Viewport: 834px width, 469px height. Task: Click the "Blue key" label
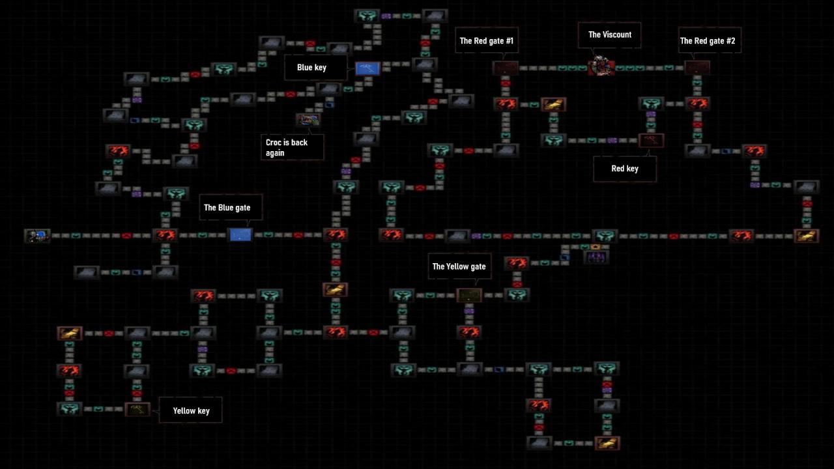pos(311,68)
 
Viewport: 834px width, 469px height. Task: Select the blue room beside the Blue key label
pos(367,68)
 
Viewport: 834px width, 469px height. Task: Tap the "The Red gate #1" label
pos(486,41)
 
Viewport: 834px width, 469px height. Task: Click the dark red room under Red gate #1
pos(506,68)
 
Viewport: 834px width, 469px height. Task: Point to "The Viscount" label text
pos(610,35)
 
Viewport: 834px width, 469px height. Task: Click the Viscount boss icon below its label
pos(601,66)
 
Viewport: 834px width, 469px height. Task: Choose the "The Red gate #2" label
pos(707,41)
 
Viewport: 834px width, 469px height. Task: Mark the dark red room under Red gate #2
pos(697,68)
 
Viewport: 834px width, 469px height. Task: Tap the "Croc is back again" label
pos(287,147)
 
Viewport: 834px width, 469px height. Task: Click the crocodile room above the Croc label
pos(308,120)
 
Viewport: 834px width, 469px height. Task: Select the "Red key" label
pos(624,169)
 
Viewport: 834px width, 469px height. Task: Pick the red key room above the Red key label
pos(651,140)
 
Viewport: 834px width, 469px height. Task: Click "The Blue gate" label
pos(227,208)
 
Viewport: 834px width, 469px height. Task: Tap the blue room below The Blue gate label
pos(240,234)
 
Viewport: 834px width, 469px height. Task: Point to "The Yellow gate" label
pos(459,266)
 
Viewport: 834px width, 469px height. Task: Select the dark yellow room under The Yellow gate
pos(468,295)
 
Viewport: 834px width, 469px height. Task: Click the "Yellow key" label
pos(191,411)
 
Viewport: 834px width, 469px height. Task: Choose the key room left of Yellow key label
pos(137,409)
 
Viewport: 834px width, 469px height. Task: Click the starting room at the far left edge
pos(37,235)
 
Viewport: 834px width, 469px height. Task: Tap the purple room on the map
pos(596,257)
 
